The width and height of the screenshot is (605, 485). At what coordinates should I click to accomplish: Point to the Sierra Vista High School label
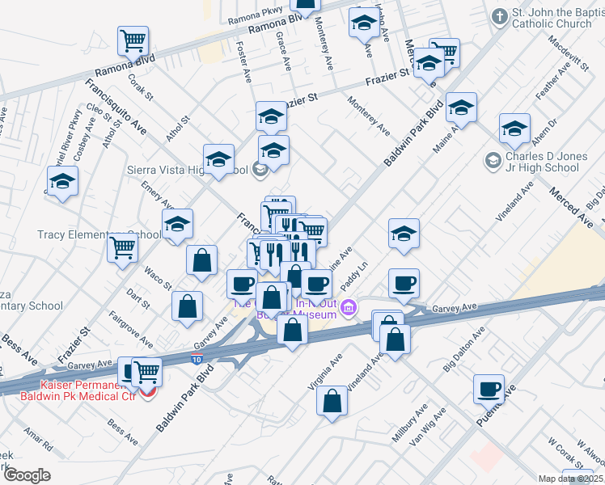188,170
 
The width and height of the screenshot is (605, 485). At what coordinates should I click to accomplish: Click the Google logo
27,474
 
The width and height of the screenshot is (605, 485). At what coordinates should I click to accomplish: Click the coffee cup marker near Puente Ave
489,388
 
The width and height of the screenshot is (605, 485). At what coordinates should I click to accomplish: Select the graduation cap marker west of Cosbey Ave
61,182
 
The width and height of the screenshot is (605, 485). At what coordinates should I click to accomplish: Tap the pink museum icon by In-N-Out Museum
349,308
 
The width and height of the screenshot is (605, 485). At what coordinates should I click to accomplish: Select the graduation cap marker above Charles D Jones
514,129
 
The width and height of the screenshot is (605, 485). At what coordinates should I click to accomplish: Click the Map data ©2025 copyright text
570,479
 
